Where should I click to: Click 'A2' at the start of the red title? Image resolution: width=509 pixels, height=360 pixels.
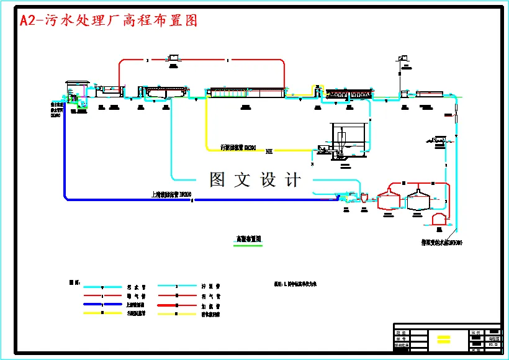[x=28, y=20]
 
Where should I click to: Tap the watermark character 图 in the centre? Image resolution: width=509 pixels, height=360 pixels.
[x=217, y=179]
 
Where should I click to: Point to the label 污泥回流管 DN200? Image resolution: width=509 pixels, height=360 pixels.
[x=238, y=147]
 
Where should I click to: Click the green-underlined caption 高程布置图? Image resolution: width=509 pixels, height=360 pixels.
[x=248, y=239]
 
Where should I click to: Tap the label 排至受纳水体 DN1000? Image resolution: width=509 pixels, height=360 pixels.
[x=441, y=242]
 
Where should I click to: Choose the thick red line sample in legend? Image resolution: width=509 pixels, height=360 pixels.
[x=177, y=305]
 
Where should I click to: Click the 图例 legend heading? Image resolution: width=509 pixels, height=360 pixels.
[x=74, y=282]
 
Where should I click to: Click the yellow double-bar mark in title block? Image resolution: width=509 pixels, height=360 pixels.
[x=443, y=339]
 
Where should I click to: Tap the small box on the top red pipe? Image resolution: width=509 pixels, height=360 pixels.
[x=172, y=59]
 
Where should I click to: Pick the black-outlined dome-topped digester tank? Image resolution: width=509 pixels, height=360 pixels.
[x=419, y=199]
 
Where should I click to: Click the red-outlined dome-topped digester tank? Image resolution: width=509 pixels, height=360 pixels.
[x=390, y=199]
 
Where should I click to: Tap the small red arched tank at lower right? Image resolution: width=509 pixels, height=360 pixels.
[x=439, y=218]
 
